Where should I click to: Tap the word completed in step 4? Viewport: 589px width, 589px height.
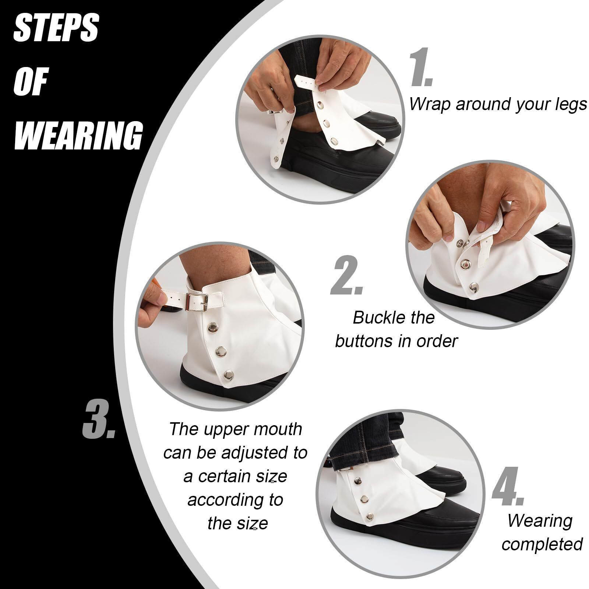(542, 544)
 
